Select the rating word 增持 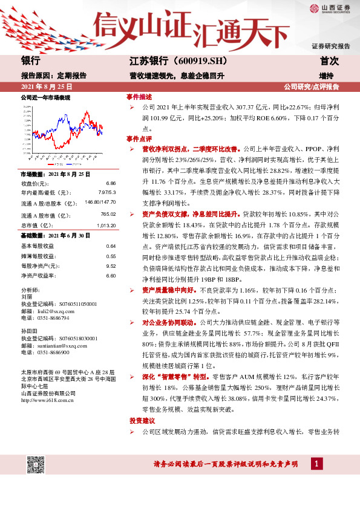(326, 76)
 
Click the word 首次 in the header (329, 61)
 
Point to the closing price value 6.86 (111, 183)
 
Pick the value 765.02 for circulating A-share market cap (108, 215)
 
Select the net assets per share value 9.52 (111, 266)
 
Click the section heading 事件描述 (139, 97)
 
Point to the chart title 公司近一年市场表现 (45, 97)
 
